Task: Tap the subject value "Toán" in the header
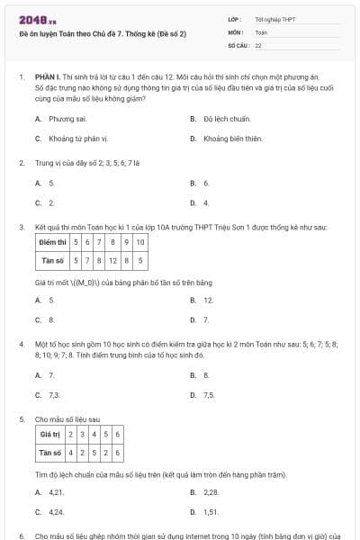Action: [261, 31]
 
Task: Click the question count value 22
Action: [258, 44]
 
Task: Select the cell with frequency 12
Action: [113, 261]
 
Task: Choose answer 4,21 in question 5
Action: [57, 492]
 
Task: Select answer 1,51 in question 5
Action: [211, 512]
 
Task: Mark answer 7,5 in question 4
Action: [209, 394]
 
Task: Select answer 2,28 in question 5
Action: [211, 492]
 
